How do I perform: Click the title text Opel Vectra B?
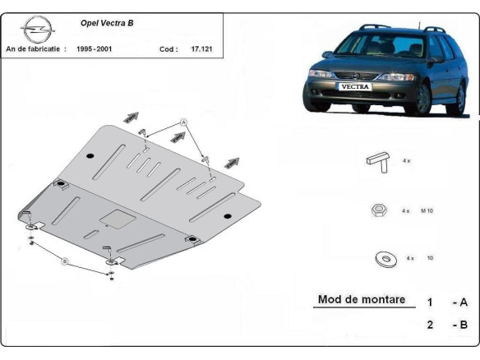108,23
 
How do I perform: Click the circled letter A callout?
184,122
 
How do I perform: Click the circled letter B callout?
66,261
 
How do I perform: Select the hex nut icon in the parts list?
379,210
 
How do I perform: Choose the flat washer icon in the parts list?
382,259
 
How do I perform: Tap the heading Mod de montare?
362,300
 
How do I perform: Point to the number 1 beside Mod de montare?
429,302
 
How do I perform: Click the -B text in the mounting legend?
459,325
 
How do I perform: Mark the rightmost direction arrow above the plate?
233,162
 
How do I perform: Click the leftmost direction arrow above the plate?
130,118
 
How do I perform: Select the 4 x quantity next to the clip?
406,161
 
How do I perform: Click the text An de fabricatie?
37,49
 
